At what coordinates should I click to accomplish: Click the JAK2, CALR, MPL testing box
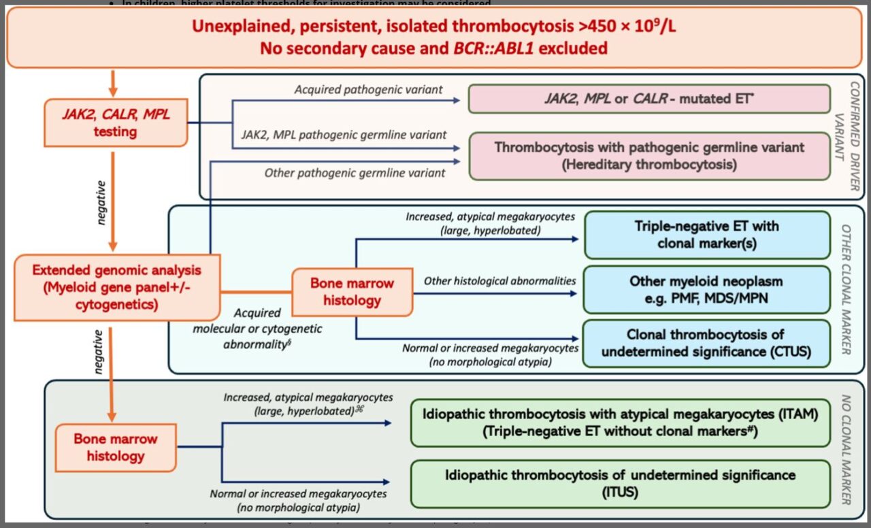pyautogui.click(x=115, y=122)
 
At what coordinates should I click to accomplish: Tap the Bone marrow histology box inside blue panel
pyautogui.click(x=352, y=291)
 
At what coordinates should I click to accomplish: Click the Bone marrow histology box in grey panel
pyautogui.click(x=115, y=447)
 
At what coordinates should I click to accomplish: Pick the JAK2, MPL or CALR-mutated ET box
pyautogui.click(x=649, y=99)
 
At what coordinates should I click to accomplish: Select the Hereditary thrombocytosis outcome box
pyautogui.click(x=649, y=156)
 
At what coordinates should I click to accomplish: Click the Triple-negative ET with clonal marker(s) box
pyautogui.click(x=707, y=235)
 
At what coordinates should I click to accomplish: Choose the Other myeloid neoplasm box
pyautogui.click(x=707, y=290)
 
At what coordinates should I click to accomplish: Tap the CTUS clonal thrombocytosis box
pyautogui.click(x=707, y=344)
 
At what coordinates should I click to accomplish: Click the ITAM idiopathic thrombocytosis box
pyautogui.click(x=620, y=423)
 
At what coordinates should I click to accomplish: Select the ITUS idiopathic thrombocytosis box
pyautogui.click(x=620, y=482)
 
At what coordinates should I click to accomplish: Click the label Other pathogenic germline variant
pyautogui.click(x=355, y=173)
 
